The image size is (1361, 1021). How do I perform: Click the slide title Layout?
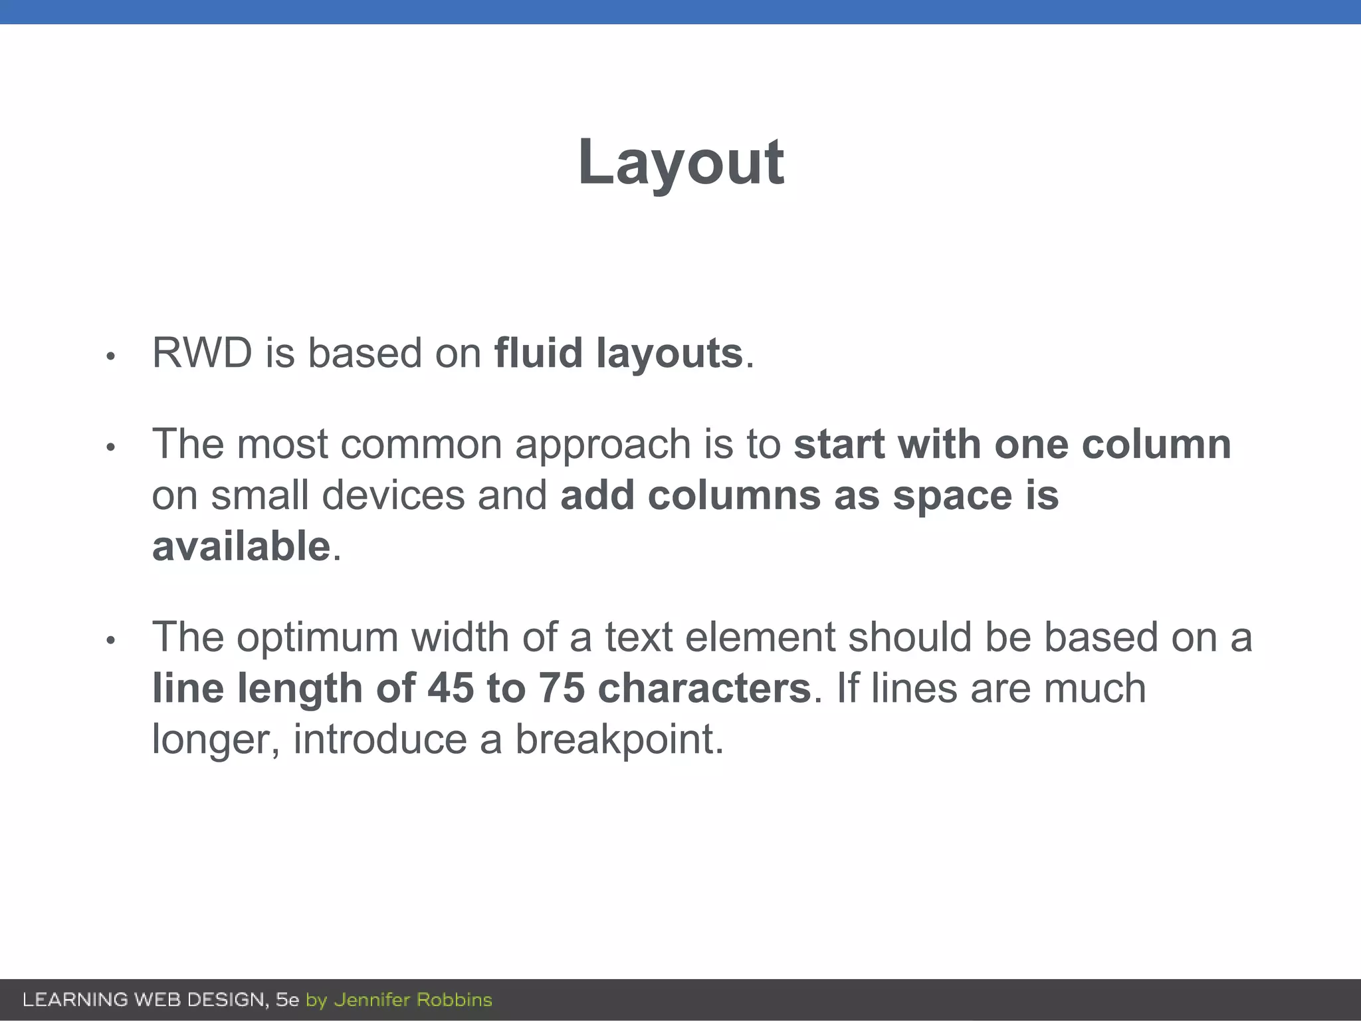click(x=680, y=163)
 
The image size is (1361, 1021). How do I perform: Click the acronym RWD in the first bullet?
click(x=202, y=352)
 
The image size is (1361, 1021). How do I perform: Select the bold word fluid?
click(x=538, y=352)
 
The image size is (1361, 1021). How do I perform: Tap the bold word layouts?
click(x=669, y=354)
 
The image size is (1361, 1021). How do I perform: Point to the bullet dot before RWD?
click(x=111, y=357)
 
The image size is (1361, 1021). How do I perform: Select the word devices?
click(x=393, y=495)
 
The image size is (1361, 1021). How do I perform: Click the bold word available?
click(x=241, y=546)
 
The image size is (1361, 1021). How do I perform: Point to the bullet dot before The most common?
click(x=111, y=447)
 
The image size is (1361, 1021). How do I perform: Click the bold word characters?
click(x=704, y=688)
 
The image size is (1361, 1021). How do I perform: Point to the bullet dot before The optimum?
click(x=111, y=641)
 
